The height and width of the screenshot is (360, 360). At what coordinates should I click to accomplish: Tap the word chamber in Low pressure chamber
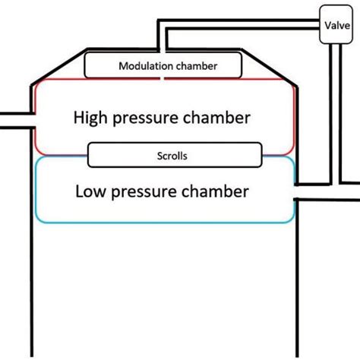(220, 191)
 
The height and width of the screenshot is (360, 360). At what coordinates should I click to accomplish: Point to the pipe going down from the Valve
(332, 114)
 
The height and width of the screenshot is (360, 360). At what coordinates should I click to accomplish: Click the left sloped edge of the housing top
(58, 67)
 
